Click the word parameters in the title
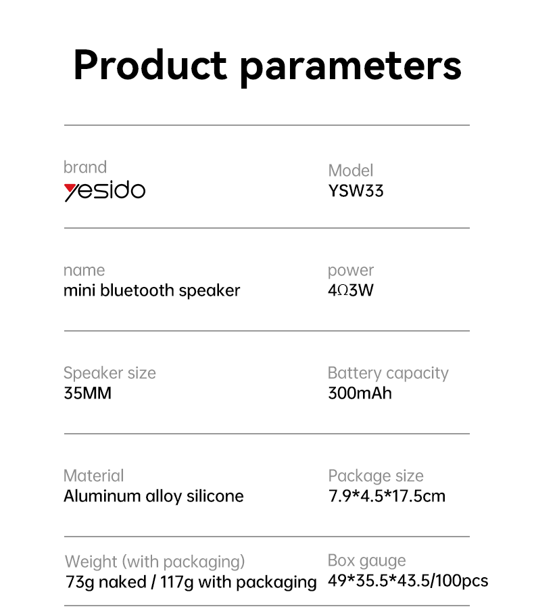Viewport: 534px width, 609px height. pyautogui.click(x=350, y=68)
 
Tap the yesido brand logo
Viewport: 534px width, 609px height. pyautogui.click(x=104, y=191)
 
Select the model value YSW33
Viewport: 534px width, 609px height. pyautogui.click(x=356, y=191)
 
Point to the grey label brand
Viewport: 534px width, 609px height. pyautogui.click(x=85, y=167)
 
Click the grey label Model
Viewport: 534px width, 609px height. pyautogui.click(x=351, y=170)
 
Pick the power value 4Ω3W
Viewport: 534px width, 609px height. pyautogui.click(x=351, y=290)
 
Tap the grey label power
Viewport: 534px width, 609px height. pyautogui.click(x=351, y=271)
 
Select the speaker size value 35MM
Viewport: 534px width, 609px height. pyautogui.click(x=88, y=393)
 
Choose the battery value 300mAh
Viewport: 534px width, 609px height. pyautogui.click(x=360, y=393)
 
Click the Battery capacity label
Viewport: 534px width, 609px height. pyautogui.click(x=388, y=374)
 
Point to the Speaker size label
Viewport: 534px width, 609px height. pyautogui.click(x=110, y=374)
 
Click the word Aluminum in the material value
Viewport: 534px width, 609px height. pyautogui.click(x=103, y=496)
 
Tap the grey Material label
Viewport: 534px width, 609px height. pyautogui.click(x=93, y=476)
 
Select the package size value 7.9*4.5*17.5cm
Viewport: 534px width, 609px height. pyautogui.click(x=387, y=496)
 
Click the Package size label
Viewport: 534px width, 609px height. pyautogui.click(x=376, y=476)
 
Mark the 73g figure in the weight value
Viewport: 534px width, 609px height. pyautogui.click(x=80, y=582)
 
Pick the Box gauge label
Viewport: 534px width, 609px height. pyautogui.click(x=367, y=561)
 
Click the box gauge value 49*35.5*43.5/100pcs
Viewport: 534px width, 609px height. pyautogui.click(x=408, y=581)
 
